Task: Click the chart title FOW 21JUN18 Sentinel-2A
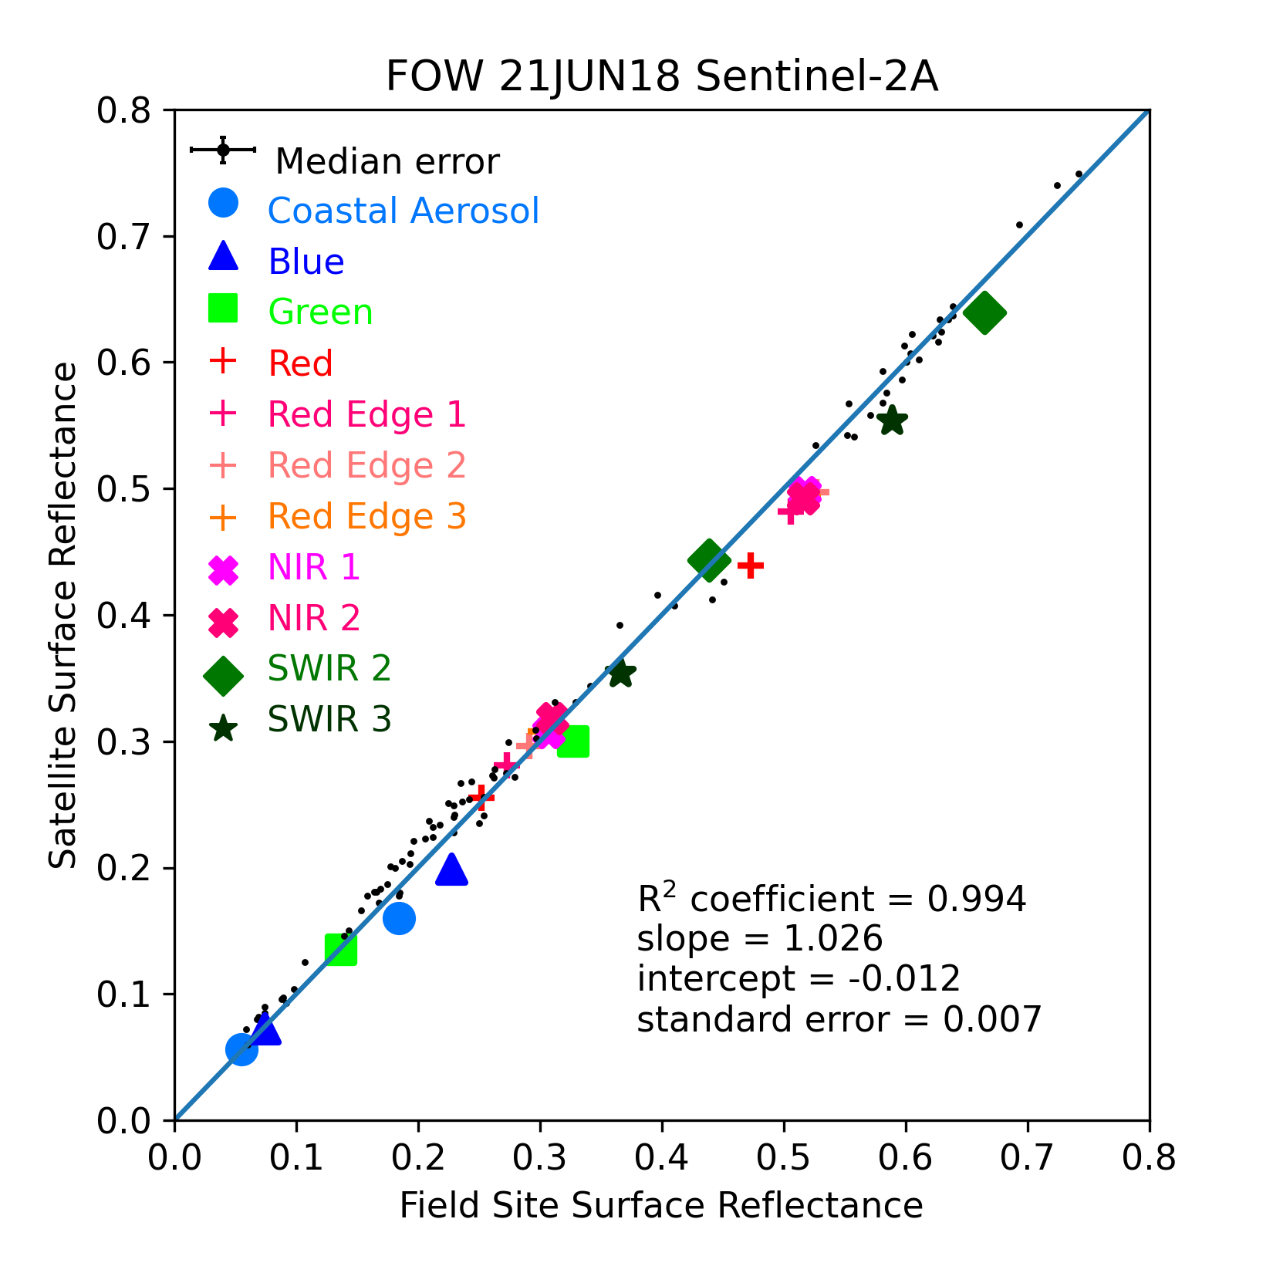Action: [x=661, y=77]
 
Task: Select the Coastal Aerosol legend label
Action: [x=404, y=211]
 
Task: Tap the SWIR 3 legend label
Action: [x=329, y=719]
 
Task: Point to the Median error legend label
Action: [x=387, y=162]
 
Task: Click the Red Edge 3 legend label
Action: [x=366, y=516]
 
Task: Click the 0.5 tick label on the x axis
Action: [x=783, y=1158]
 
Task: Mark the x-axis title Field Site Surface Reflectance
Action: [x=661, y=1205]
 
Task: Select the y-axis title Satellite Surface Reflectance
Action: [x=63, y=615]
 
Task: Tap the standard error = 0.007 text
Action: [x=839, y=1019]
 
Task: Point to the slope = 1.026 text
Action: [x=760, y=939]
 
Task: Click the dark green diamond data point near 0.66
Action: [x=984, y=313]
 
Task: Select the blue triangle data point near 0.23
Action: [x=451, y=869]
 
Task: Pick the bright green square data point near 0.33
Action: [x=573, y=741]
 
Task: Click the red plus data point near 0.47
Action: [x=751, y=566]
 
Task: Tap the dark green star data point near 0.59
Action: [x=892, y=420]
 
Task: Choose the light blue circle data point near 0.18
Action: [x=399, y=918]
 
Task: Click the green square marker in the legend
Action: [x=223, y=309]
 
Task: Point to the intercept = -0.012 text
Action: [x=799, y=979]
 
